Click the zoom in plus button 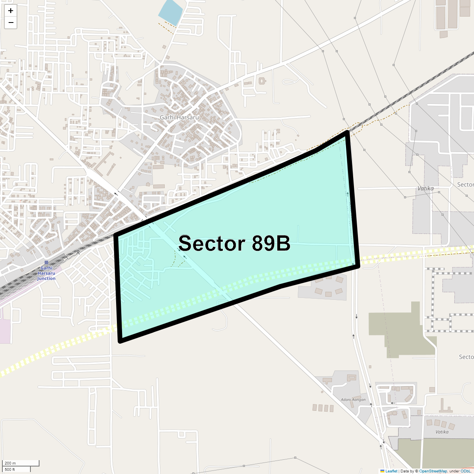click(11, 11)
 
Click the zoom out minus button click(11, 23)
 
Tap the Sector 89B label click(234, 243)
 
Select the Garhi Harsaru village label click(179, 117)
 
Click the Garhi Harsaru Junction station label click(46, 273)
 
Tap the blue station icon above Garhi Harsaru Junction click(46, 263)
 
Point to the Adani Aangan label click(353, 400)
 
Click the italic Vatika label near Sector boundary click(425, 188)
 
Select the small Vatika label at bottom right click(442, 432)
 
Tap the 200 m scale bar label click(11, 463)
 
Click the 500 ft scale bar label click(10, 469)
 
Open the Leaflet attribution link click(391, 471)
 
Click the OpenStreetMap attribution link click(433, 471)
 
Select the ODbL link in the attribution click(466, 471)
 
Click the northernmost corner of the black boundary click(347, 133)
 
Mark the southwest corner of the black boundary click(120, 340)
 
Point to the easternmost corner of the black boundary click(357, 266)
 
